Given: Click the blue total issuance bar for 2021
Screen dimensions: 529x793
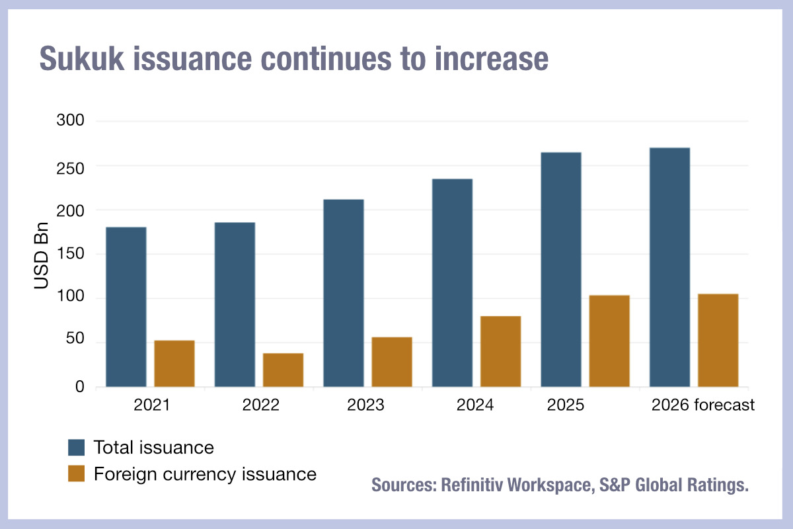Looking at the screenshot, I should click(x=126, y=307).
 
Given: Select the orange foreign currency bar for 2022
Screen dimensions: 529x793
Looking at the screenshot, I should click(x=283, y=370).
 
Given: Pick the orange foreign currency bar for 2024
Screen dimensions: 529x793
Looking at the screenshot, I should click(x=500, y=351).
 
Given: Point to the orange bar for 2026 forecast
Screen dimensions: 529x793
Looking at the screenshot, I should click(x=718, y=341).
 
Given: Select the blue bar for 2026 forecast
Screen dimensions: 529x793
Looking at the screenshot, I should click(x=669, y=267).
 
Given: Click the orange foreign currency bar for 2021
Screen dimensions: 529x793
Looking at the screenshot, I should click(x=174, y=364).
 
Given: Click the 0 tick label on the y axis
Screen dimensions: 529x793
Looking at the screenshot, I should click(x=79, y=387).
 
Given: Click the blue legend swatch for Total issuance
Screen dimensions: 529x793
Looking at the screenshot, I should click(x=77, y=448).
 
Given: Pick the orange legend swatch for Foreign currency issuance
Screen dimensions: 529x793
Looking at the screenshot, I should click(x=77, y=473).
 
